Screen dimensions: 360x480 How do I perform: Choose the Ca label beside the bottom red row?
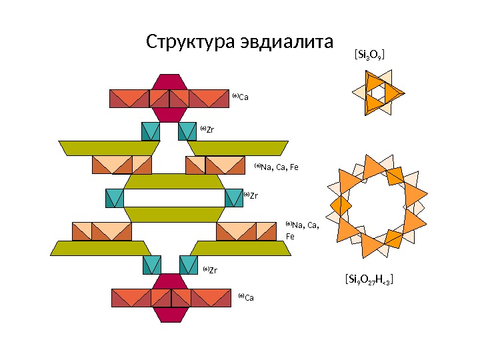[249, 297]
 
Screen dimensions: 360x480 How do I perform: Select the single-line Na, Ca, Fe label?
[279, 166]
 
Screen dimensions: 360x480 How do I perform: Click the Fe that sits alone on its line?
[290, 236]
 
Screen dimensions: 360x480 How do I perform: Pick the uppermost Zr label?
[209, 129]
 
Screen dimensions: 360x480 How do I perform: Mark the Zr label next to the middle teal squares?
[253, 195]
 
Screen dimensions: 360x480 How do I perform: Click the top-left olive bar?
[109, 147]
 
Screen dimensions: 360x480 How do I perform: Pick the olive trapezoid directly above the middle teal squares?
[173, 182]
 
